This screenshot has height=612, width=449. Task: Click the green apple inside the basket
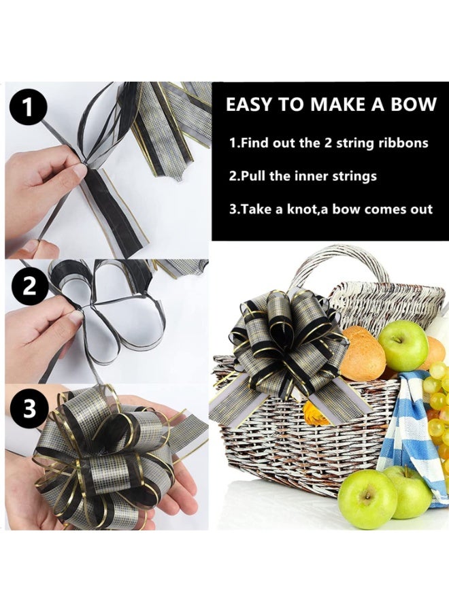[403, 345]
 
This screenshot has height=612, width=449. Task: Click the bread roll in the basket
[362, 354]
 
